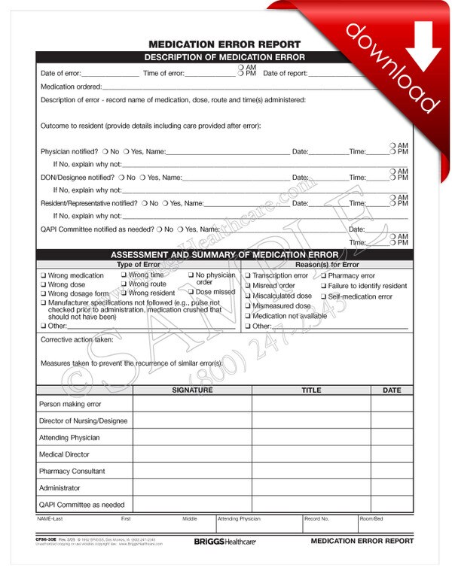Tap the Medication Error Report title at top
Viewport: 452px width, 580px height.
(x=224, y=44)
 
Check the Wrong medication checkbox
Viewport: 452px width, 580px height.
(x=43, y=276)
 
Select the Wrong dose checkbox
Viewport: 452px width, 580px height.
(x=43, y=285)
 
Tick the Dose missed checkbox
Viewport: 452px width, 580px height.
(x=191, y=292)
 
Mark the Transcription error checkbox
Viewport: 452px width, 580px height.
(x=248, y=276)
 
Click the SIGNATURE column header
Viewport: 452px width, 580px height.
(x=192, y=390)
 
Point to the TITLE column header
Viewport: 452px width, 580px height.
(x=311, y=390)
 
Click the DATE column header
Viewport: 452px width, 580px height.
(x=392, y=390)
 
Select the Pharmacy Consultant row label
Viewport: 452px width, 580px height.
(x=72, y=471)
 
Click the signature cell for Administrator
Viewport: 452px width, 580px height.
(x=192, y=488)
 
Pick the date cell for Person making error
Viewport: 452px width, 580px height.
(x=392, y=404)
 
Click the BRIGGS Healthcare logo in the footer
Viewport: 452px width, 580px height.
(x=225, y=541)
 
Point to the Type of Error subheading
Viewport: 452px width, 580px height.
(x=139, y=265)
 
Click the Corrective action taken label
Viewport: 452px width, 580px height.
(x=77, y=339)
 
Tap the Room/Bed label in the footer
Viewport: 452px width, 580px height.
(x=371, y=518)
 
